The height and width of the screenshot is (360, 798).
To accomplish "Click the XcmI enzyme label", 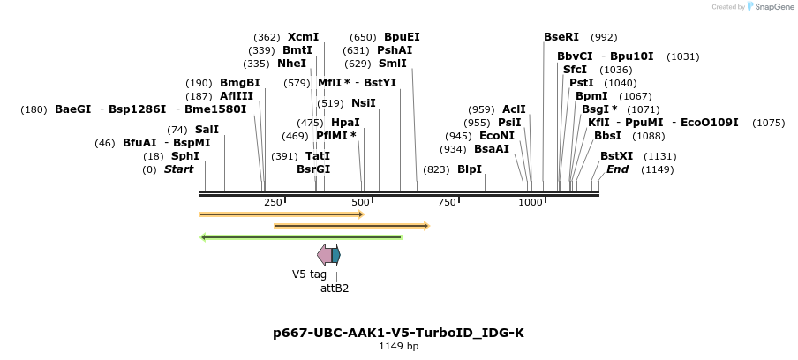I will point(303,37).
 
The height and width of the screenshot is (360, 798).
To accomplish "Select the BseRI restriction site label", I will point(561,37).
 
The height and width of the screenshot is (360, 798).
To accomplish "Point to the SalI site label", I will point(207,130).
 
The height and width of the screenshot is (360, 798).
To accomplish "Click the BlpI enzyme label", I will point(470,169).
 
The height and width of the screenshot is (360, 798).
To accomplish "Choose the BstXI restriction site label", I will point(616,156).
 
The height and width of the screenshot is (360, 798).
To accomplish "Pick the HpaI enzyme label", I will point(345,123).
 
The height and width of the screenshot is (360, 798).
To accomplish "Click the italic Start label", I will point(178,169).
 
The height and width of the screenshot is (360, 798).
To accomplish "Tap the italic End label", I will point(617,169).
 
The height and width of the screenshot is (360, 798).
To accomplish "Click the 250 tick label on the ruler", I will point(273,202).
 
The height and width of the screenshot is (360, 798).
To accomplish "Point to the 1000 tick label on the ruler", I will point(531,202).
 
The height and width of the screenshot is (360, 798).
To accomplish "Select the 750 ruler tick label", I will point(447,202).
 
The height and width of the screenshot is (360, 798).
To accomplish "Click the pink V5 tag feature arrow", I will point(324,255).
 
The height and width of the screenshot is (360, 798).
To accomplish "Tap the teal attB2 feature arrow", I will point(336,255).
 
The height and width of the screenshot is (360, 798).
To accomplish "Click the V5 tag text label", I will point(309,274).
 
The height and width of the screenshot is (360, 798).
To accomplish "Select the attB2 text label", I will point(335,288).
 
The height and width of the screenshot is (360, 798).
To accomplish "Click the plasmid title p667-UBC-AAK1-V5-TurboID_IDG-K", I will point(398,333).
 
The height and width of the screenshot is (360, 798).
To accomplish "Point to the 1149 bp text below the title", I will point(398,346).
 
